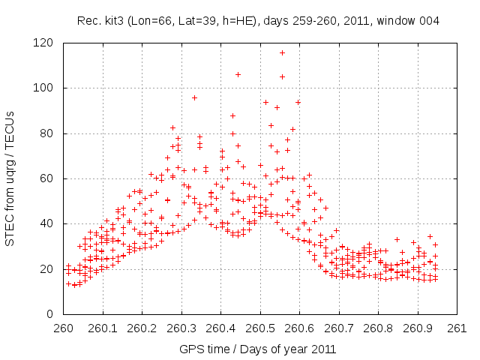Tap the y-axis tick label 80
tap(47, 133)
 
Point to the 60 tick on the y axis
tap(47, 178)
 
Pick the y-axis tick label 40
tap(47, 223)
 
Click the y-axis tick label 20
tap(47, 268)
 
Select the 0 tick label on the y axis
tap(50, 313)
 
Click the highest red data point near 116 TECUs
tap(282, 52)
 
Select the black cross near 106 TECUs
tap(238, 74)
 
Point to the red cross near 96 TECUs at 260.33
tap(194, 97)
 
